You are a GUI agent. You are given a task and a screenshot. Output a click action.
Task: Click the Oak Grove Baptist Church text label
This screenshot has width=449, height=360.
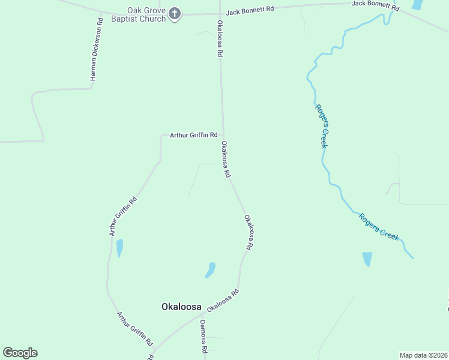pos(137,14)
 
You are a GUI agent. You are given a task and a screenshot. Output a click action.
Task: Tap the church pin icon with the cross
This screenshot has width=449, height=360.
pos(175,14)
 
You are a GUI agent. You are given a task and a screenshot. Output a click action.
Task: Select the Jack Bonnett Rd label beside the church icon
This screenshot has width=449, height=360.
pos(250,10)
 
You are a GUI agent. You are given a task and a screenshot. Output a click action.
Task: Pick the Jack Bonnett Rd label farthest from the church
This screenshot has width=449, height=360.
pos(375,6)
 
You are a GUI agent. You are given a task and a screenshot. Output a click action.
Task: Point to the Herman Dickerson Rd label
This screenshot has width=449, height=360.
pos(94,52)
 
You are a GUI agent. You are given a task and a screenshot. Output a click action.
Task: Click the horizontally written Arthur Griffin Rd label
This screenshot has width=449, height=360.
pos(193,135)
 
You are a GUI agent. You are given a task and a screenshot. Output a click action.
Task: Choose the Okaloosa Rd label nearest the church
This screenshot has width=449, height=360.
pos(220,38)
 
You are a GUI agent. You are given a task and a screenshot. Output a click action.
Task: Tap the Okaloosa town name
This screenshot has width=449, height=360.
pos(181,306)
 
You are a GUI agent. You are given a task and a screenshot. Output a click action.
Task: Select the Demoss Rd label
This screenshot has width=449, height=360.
pos(203,337)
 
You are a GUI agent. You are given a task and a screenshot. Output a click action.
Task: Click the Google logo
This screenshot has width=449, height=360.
pos(20,353)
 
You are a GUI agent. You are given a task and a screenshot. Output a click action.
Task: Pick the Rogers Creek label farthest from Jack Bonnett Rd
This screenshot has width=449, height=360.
pos(379,227)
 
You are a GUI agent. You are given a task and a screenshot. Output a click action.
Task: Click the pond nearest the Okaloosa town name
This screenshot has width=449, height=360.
pos(210,269)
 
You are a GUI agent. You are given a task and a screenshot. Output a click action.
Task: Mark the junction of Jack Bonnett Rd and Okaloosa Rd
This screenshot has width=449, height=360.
pos(220,13)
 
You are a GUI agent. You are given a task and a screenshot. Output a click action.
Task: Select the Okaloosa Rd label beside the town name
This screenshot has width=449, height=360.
pos(223,300)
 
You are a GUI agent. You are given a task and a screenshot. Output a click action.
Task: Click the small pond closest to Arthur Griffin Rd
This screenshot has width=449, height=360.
pos(119,247)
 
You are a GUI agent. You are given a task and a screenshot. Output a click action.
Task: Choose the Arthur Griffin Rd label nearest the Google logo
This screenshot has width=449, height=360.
pos(135,329)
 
